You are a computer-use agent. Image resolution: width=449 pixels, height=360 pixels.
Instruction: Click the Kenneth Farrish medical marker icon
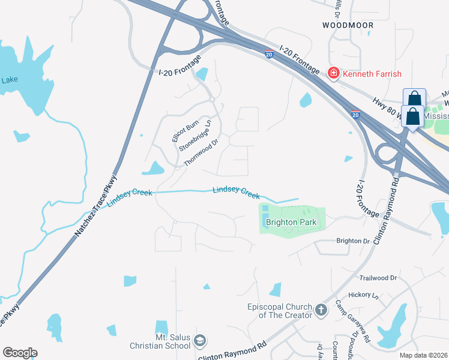tap(333, 74)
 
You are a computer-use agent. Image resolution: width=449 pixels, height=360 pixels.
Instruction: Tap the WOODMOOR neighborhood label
tap(348, 25)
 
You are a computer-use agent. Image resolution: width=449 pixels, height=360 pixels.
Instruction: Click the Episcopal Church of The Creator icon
tap(321, 310)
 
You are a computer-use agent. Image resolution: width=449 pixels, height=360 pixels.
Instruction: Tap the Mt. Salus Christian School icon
tap(200, 341)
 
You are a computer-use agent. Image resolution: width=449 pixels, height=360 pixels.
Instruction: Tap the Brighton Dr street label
tap(353, 241)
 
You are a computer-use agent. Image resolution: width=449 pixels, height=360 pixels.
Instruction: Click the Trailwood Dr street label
tap(378, 278)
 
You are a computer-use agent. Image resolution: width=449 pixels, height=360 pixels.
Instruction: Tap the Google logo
tap(20, 353)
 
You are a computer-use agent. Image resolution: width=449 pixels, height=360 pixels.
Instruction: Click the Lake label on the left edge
tap(10, 79)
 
